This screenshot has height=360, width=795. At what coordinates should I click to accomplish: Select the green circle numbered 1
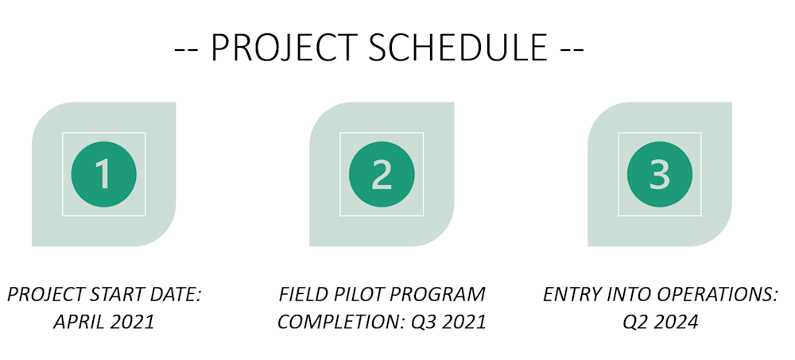pyautogui.click(x=104, y=174)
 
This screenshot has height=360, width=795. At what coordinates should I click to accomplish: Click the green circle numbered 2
pyautogui.click(x=382, y=174)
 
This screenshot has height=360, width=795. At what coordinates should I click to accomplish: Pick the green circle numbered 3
pyautogui.click(x=660, y=174)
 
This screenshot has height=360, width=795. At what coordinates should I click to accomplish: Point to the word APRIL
pyautogui.click(x=77, y=322)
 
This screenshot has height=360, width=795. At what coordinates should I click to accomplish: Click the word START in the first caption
pyautogui.click(x=116, y=295)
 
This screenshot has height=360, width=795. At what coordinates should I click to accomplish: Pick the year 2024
pyautogui.click(x=677, y=322)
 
